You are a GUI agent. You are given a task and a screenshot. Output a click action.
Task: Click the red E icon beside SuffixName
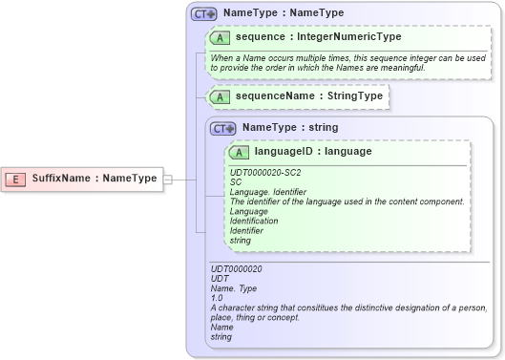tap(15, 179)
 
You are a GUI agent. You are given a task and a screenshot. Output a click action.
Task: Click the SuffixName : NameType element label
tap(94, 179)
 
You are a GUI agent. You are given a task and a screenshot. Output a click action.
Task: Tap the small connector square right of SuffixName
tap(167, 179)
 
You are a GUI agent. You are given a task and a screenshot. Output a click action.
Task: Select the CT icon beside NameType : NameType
tap(204, 14)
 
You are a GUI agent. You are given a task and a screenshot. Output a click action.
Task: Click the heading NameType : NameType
tap(270, 14)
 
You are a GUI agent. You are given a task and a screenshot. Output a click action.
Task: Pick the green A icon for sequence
tap(221, 37)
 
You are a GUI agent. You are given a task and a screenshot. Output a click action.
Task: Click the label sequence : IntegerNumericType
tap(318, 37)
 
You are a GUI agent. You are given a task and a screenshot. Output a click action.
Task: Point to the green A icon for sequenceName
tap(221, 96)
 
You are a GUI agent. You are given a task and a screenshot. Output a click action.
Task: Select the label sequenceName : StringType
tap(308, 96)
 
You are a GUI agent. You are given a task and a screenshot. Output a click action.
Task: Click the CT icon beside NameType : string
tap(223, 128)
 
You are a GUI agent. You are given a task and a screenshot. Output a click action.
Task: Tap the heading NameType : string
tap(289, 127)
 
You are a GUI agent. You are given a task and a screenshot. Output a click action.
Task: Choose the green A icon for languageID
tap(240, 152)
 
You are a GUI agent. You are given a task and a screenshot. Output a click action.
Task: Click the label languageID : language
tap(312, 151)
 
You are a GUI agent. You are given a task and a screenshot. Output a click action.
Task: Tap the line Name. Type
tap(234, 288)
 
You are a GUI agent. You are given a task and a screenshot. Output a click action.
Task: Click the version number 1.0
tap(216, 298)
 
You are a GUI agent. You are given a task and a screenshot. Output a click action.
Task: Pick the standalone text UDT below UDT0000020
tap(219, 279)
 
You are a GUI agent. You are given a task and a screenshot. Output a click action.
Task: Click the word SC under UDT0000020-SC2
tap(236, 181)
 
